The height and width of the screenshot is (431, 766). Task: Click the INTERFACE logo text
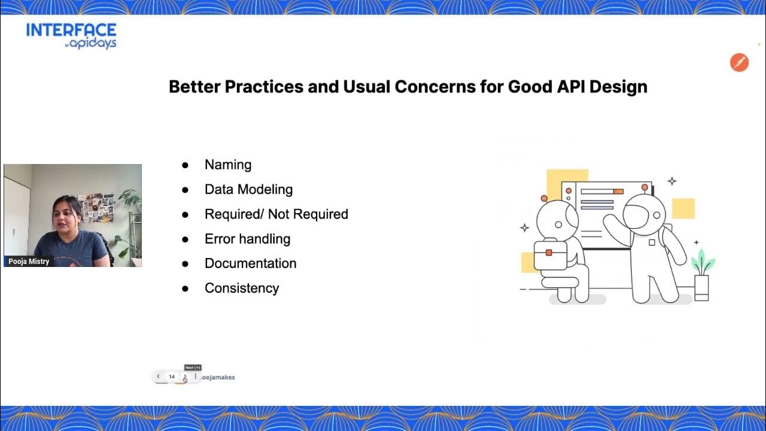coord(71,31)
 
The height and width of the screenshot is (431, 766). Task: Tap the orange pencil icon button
coord(739,62)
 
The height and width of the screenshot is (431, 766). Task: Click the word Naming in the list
coord(227,165)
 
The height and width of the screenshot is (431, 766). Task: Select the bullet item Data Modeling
coord(248,189)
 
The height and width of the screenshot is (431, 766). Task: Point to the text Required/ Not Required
coord(276,214)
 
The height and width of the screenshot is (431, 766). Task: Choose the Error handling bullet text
coord(247,239)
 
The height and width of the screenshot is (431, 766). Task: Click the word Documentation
coord(250,263)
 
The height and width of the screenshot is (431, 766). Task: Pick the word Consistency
coord(242,288)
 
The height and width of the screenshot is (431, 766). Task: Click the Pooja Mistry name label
coord(29,262)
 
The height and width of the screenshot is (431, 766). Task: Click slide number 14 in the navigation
coord(172,377)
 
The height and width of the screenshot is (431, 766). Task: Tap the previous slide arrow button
coord(158,377)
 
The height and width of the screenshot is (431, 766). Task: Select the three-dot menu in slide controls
coord(195,377)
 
